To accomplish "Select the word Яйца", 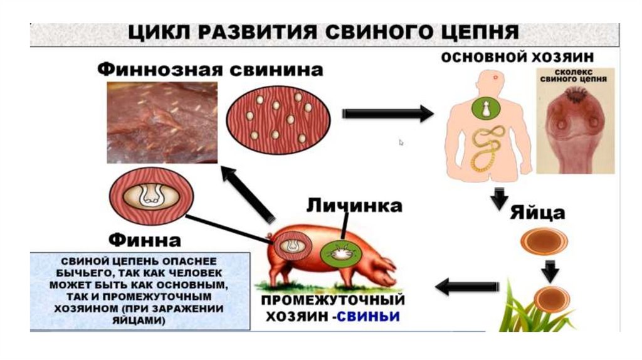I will point(539,212).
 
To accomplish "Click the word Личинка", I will point(354,206).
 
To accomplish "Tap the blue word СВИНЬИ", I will point(369,314).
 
